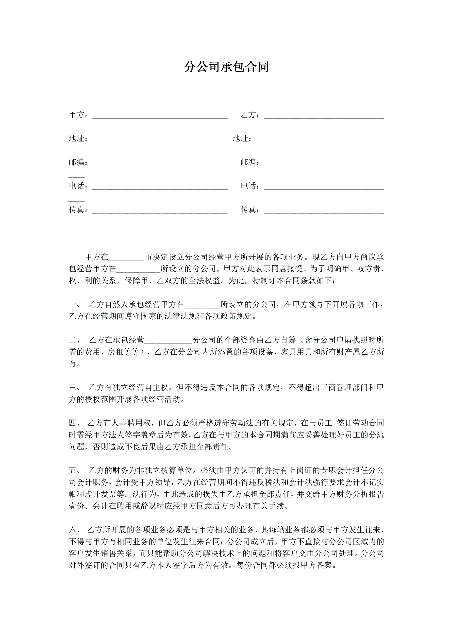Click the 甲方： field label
78,115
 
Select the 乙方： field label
250,115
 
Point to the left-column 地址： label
78,139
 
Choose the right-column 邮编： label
250,162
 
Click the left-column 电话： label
78,186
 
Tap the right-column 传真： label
250,210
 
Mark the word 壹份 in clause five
76,506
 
